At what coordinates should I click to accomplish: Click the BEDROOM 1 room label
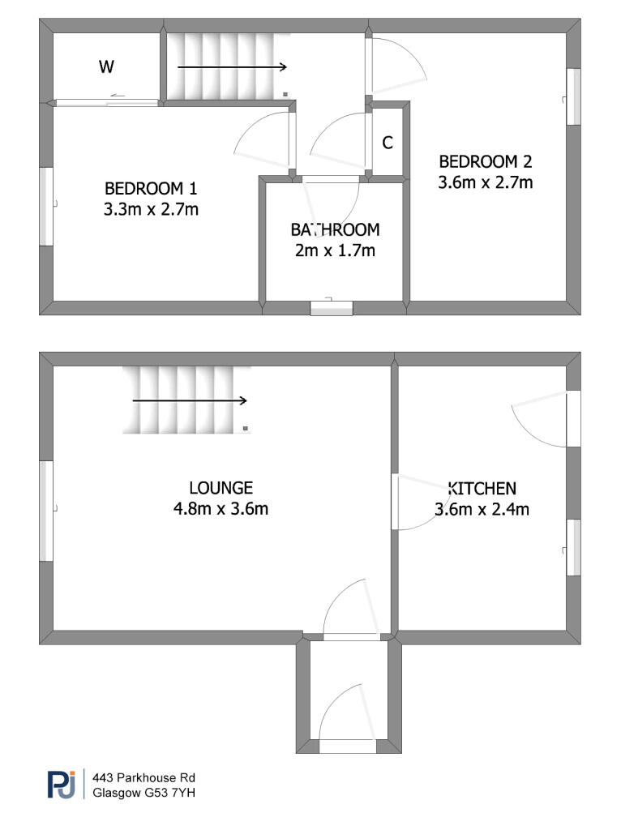[151, 188]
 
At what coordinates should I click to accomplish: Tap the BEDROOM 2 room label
[486, 161]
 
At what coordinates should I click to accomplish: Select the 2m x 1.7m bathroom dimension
[335, 250]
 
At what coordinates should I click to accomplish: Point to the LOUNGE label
[221, 487]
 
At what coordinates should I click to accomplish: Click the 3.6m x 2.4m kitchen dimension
[482, 509]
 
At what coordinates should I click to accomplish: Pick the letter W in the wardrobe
[106, 66]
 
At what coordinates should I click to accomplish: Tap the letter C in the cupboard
[388, 143]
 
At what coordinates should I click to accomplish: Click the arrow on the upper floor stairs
[232, 66]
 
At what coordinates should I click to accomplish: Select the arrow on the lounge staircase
[190, 400]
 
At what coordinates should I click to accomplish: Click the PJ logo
[62, 784]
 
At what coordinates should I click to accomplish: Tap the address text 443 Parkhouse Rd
[144, 777]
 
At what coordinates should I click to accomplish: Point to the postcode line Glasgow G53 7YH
[144, 793]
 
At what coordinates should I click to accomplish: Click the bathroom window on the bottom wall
[332, 308]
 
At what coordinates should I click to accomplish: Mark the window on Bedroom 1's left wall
[46, 207]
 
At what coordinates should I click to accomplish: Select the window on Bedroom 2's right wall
[573, 97]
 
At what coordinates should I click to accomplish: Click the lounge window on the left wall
[46, 511]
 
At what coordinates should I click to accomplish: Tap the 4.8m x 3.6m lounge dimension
[221, 509]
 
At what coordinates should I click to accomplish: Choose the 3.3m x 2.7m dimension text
[151, 210]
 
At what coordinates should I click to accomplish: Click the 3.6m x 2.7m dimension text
[486, 182]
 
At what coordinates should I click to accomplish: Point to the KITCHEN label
[482, 488]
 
